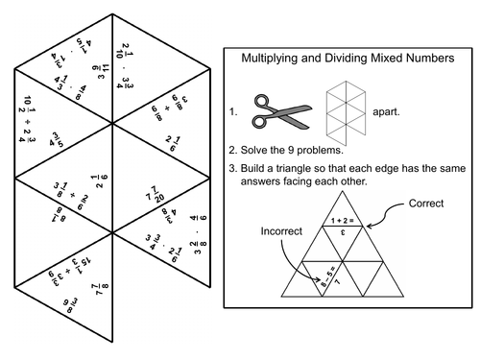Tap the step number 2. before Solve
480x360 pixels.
pyautogui.click(x=234, y=150)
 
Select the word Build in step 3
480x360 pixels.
pyautogui.click(x=260, y=170)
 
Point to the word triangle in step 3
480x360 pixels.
pyautogui.click(x=307, y=170)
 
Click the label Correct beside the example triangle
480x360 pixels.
pyautogui.click(x=426, y=204)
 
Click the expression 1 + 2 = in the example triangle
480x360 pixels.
pyautogui.click(x=342, y=220)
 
